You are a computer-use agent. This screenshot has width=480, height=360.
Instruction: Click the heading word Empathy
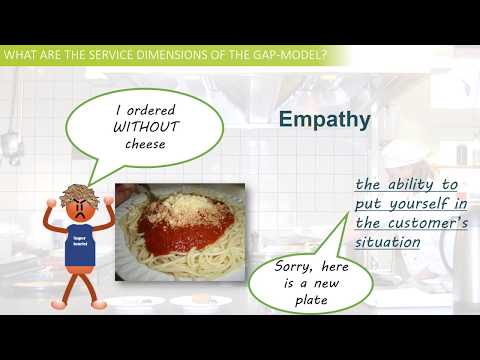[x=324, y=121]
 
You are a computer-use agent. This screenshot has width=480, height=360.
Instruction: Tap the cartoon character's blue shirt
[x=81, y=246]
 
